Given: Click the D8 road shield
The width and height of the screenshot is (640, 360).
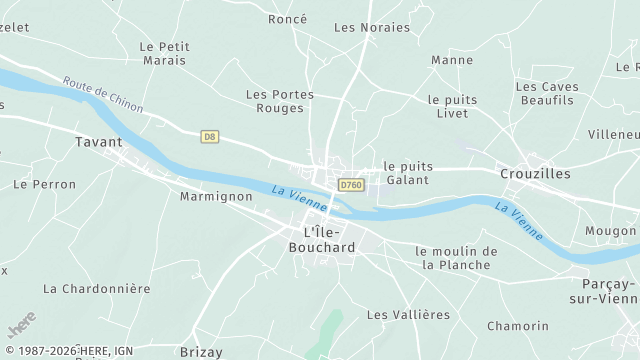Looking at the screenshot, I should tap(209, 136).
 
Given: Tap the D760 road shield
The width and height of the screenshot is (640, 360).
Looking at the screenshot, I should tap(350, 185).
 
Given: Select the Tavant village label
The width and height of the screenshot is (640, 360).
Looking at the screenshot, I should tap(98, 142).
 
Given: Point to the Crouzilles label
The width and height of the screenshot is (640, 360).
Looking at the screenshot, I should tap(535, 173).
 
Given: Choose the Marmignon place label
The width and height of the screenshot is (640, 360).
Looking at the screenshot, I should tap(215, 196).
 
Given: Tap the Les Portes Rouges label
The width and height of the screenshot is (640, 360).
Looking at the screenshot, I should tap(280, 101).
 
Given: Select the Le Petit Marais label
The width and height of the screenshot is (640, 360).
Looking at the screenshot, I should tap(163, 53).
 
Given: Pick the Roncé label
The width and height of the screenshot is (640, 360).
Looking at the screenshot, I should tap(288, 19).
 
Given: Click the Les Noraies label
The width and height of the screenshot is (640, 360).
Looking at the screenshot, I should tap(372, 27).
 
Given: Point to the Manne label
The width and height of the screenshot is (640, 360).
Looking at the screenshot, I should tap(452, 60).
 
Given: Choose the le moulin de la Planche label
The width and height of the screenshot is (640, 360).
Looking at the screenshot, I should tap(456, 258).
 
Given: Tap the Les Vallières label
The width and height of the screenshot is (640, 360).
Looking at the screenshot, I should tap(408, 314).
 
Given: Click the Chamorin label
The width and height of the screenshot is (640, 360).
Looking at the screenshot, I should tap(518, 326).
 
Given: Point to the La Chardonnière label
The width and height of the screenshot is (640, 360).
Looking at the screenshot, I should tap(96, 288).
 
